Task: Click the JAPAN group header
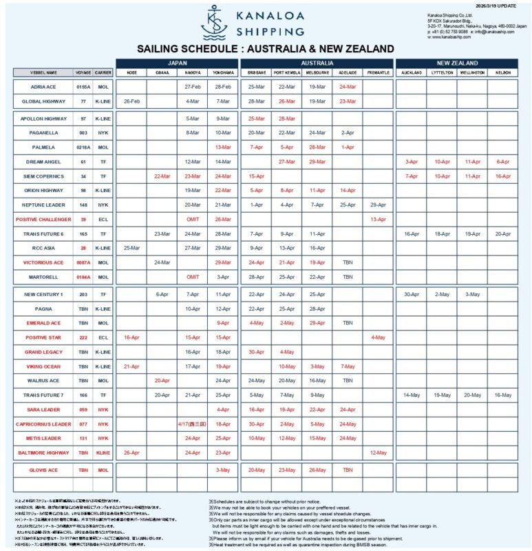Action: tap(177, 63)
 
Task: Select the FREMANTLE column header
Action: tap(378, 72)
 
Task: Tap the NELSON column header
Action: tap(502, 72)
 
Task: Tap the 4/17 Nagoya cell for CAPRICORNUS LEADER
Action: tap(193, 424)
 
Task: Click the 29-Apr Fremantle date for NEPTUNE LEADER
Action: tap(378, 205)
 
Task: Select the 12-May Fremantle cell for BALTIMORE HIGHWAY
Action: tap(378, 453)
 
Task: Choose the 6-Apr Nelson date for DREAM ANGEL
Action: tap(502, 161)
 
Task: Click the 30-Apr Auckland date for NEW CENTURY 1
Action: tap(412, 294)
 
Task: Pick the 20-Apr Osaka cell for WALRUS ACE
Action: tap(162, 380)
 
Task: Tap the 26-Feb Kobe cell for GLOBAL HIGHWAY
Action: tap(131, 101)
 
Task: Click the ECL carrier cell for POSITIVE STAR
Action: tap(103, 337)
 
